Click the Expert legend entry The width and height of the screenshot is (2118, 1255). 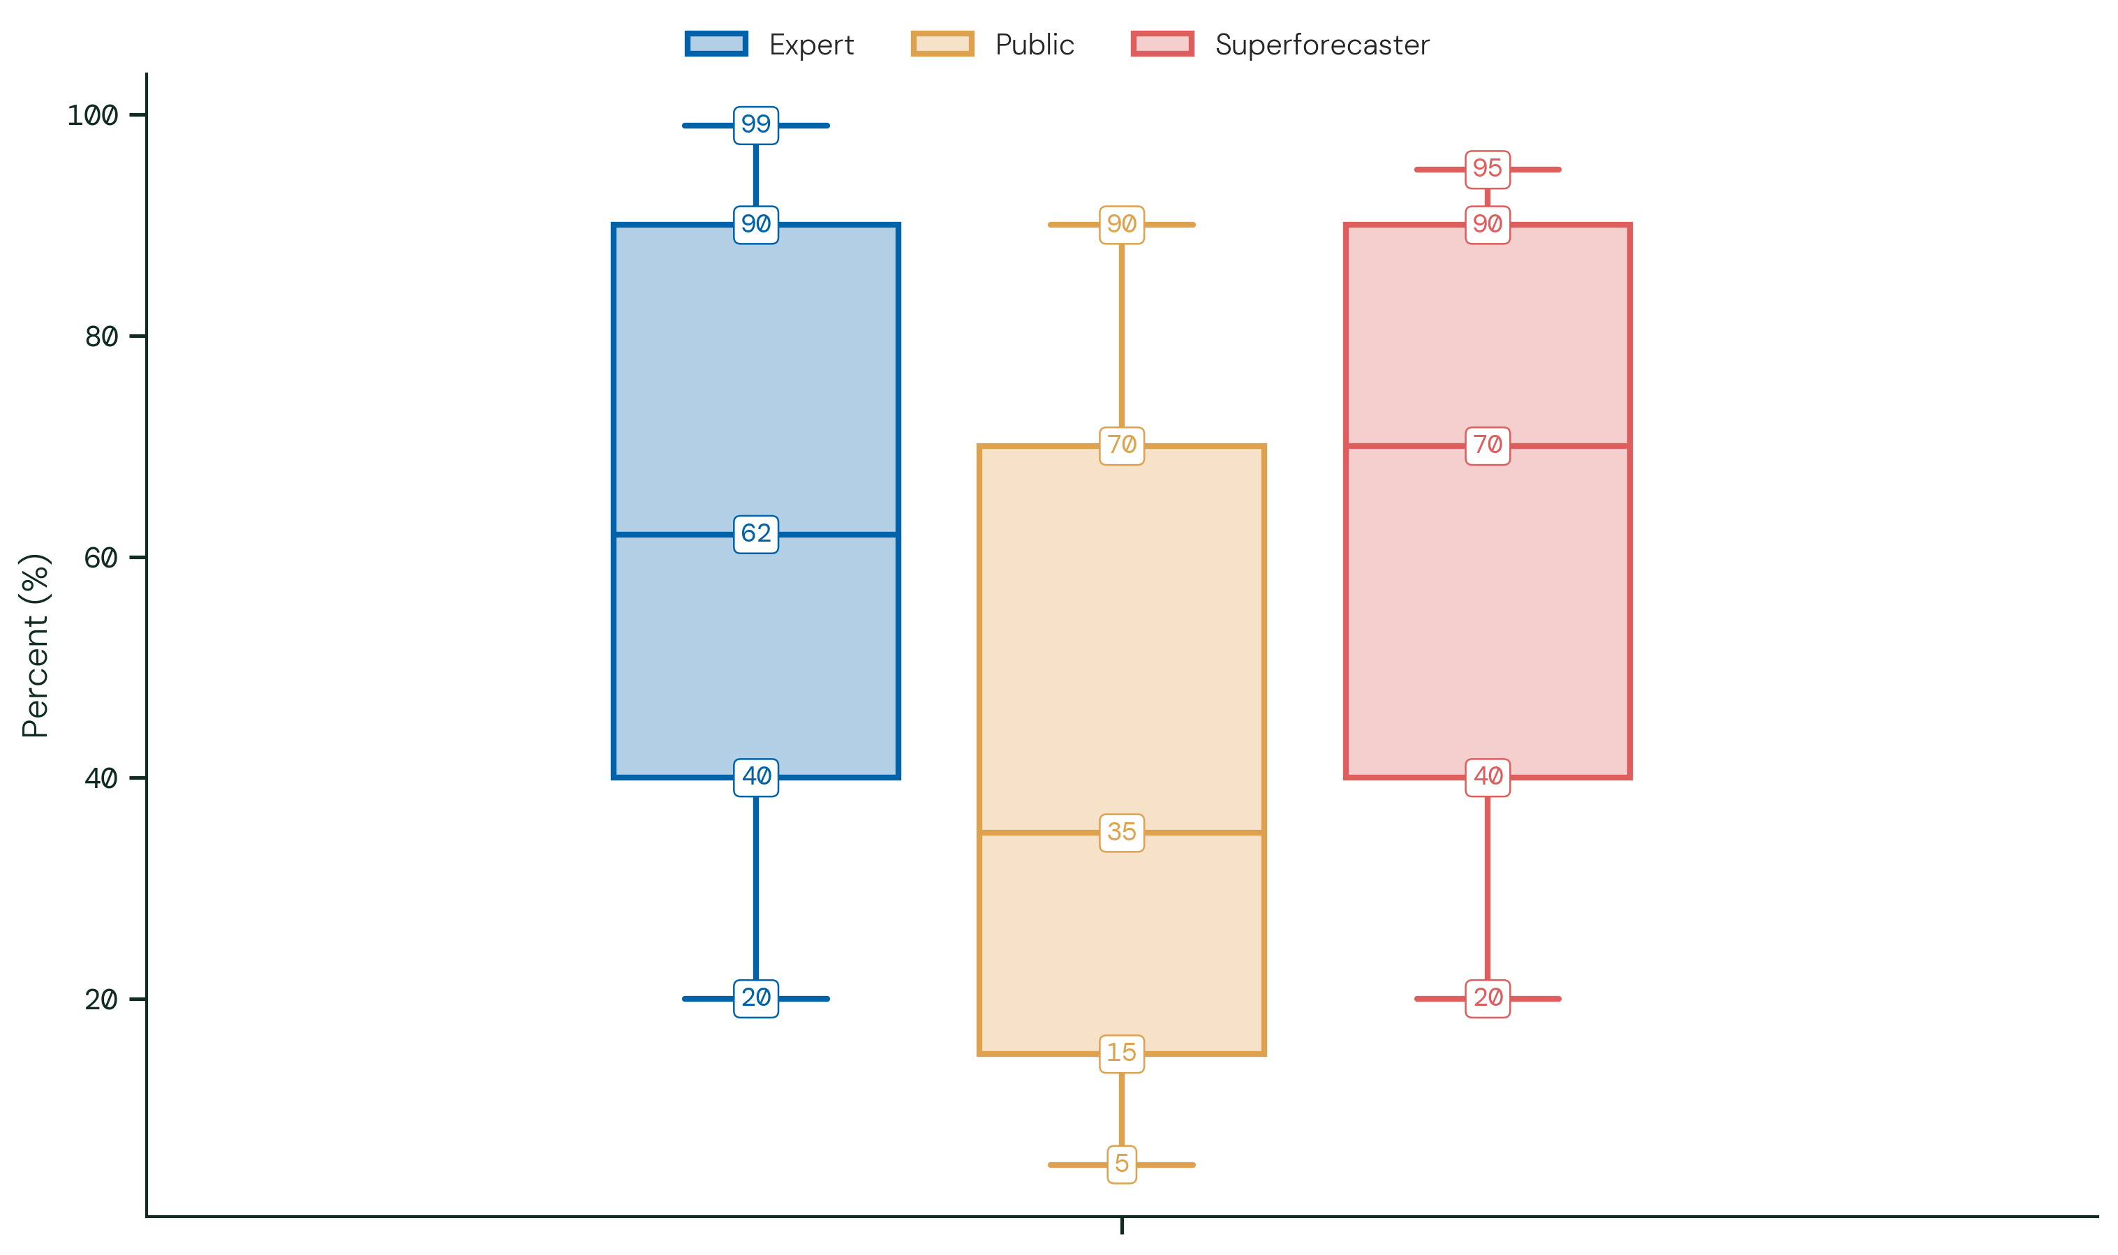coord(770,44)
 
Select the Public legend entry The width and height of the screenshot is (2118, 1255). coord(992,44)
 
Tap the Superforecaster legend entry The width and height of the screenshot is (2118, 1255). coord(1280,44)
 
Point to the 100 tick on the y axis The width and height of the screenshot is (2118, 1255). coord(92,115)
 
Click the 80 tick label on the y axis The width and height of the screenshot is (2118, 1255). coord(101,336)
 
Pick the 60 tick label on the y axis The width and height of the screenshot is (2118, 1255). coord(101,557)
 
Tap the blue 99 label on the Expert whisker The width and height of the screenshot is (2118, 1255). coord(756,125)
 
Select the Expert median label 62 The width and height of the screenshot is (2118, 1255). coord(756,535)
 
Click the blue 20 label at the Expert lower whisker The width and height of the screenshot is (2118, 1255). coord(756,999)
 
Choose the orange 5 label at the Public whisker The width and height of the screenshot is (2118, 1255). coord(1122,1164)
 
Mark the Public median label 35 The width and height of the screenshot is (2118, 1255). coord(1122,833)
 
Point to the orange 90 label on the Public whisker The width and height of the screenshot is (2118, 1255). coord(1122,225)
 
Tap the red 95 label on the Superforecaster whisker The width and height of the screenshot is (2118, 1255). coord(1488,169)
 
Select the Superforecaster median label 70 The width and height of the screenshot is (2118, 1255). coord(1488,446)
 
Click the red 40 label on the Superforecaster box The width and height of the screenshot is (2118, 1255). coord(1488,777)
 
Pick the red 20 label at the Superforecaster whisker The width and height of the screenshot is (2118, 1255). coord(1488,999)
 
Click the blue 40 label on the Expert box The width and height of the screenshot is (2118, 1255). coord(756,777)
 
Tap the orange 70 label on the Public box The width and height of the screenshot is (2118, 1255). coord(1122,446)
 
